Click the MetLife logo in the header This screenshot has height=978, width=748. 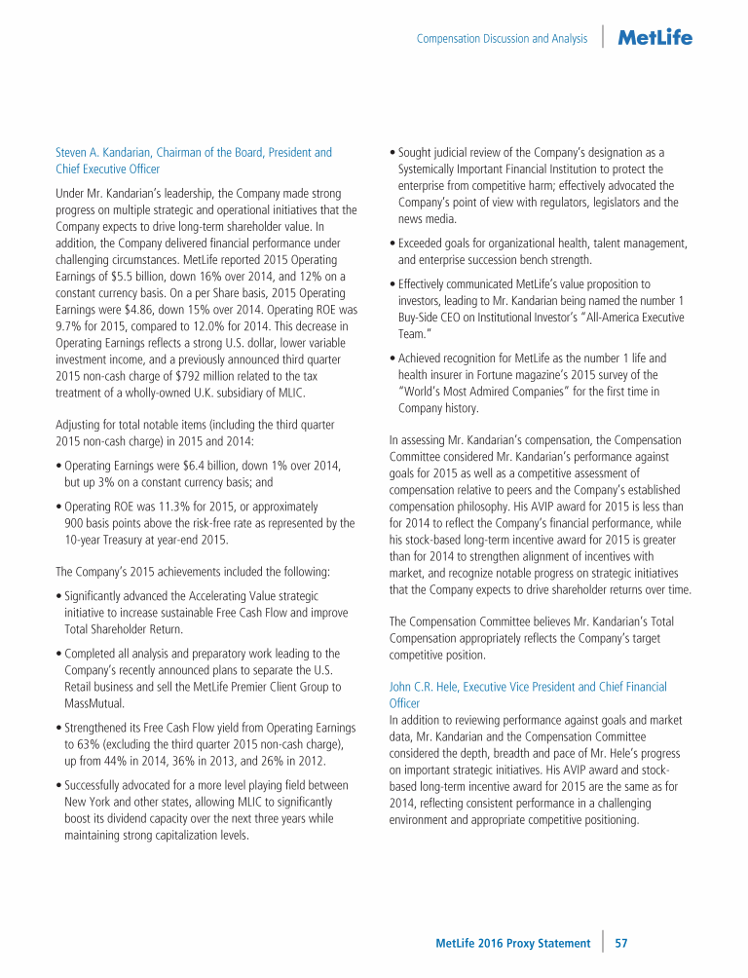654,38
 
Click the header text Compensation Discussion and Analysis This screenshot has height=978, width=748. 502,39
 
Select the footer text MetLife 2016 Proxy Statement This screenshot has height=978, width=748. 512,943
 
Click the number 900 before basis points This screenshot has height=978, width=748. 75,524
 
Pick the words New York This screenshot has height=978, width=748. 88,802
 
